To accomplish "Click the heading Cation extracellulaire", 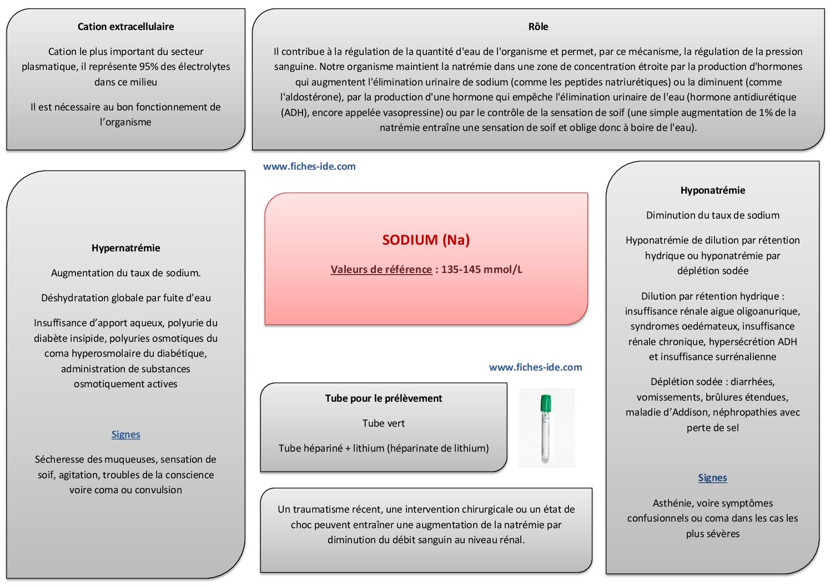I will tap(125, 27).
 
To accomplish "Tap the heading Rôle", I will tap(538, 27).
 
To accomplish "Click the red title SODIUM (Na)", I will tap(426, 240).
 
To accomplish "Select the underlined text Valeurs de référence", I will tap(381, 270).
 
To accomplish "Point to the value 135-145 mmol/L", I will tap(482, 270).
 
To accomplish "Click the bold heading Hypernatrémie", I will tap(125, 248).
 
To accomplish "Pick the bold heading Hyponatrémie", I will tap(712, 190).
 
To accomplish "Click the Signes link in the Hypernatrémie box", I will tap(125, 434).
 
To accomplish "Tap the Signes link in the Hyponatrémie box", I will tap(712, 478).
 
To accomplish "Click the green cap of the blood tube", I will tap(546, 403).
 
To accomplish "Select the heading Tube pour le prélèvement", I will tap(384, 398).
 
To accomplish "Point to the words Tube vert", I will tap(384, 423).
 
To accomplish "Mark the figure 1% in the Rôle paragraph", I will tap(766, 113).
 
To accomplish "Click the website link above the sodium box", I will tap(309, 166).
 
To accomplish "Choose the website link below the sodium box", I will tap(535, 367).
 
